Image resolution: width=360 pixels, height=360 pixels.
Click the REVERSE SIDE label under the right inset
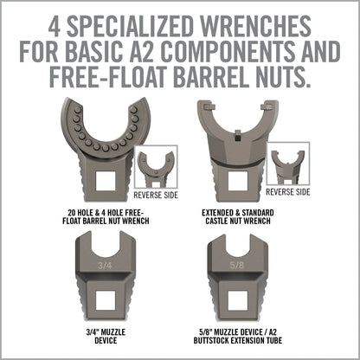287,192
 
